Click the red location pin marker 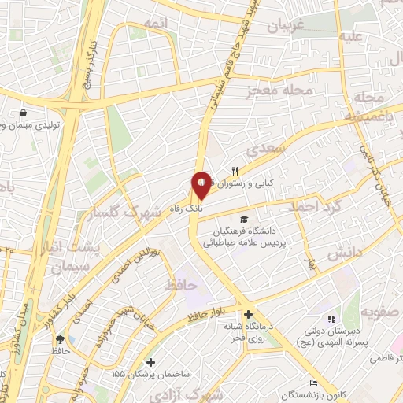201,186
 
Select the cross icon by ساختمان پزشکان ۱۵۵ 151,362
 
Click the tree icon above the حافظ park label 60,340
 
